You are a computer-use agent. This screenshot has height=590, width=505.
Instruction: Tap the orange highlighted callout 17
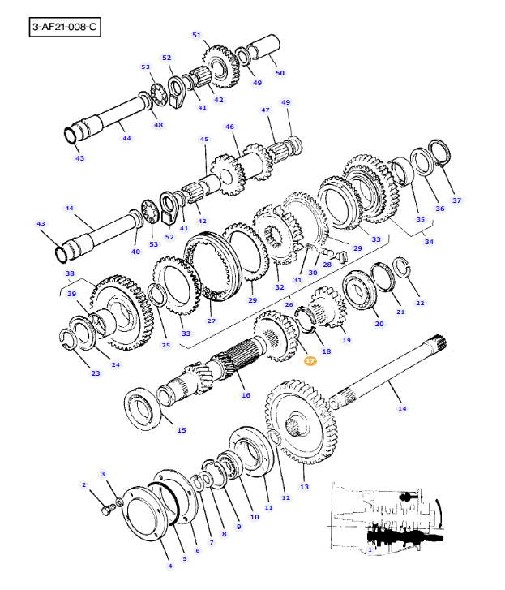(x=310, y=360)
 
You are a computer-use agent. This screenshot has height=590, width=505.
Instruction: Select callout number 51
(x=196, y=35)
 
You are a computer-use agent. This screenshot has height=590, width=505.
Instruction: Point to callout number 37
(x=456, y=200)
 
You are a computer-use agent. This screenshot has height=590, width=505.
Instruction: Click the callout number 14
(x=402, y=408)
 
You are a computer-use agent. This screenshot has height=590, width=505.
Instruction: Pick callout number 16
(x=246, y=395)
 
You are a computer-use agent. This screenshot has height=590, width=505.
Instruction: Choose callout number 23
(x=96, y=373)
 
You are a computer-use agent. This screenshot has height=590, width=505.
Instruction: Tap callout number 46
(x=229, y=127)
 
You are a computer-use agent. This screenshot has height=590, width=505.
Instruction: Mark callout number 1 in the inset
(x=370, y=550)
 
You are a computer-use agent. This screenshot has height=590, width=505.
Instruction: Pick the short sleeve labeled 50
(x=263, y=52)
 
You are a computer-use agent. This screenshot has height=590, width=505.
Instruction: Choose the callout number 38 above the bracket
(x=70, y=273)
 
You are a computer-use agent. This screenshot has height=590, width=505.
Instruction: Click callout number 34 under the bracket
(x=429, y=241)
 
